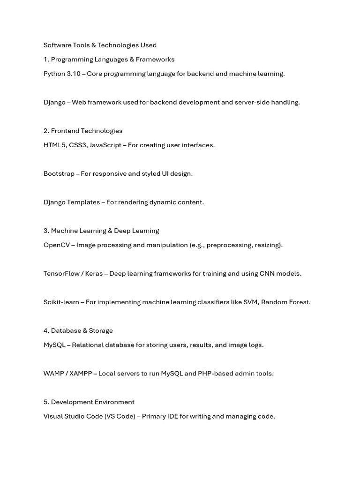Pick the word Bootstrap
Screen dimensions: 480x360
59,173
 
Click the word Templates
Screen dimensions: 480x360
84,202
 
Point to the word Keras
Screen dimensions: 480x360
94,273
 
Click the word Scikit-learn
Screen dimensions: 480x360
61,302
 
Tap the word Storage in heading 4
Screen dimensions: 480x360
101,330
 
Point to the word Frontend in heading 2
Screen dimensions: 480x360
65,131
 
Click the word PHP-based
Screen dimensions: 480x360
215,373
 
